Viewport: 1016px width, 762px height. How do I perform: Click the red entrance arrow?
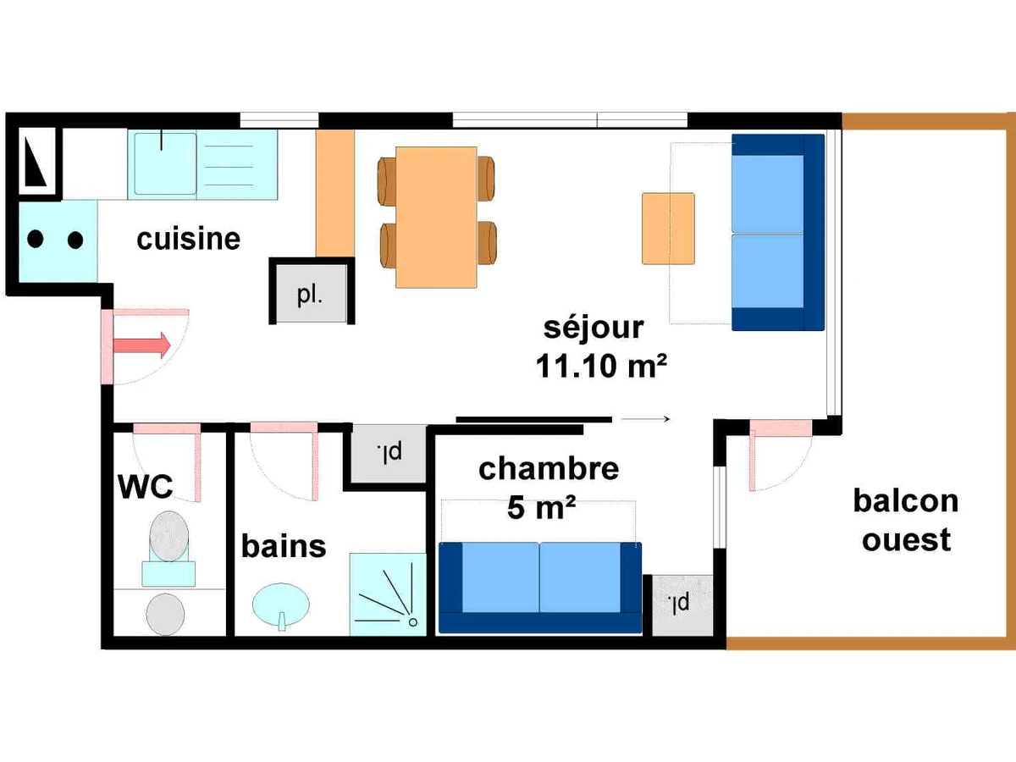click(x=142, y=345)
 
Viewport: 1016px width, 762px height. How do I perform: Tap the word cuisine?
click(x=189, y=240)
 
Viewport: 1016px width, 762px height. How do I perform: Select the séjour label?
click(x=594, y=328)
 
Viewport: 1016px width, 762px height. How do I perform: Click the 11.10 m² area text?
click(x=601, y=366)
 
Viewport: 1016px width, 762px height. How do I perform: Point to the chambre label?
click(x=549, y=469)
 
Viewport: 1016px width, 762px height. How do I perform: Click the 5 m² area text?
click(x=542, y=507)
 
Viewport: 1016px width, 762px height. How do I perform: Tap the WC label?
click(x=146, y=486)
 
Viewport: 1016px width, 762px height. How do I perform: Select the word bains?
click(x=284, y=546)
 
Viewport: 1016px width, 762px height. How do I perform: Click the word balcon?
click(x=906, y=501)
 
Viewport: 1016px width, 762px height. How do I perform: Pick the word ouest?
click(x=906, y=539)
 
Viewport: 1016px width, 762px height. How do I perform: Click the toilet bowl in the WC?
click(x=169, y=536)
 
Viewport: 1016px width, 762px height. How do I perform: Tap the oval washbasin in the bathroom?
click(x=281, y=605)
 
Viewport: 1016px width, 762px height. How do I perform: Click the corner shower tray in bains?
click(x=388, y=594)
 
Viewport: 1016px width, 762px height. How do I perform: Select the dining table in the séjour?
click(x=436, y=218)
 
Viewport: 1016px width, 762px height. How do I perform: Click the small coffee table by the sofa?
click(x=668, y=229)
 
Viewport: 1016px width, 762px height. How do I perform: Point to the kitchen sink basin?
click(x=165, y=163)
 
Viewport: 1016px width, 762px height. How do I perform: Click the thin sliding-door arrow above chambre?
click(x=645, y=419)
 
